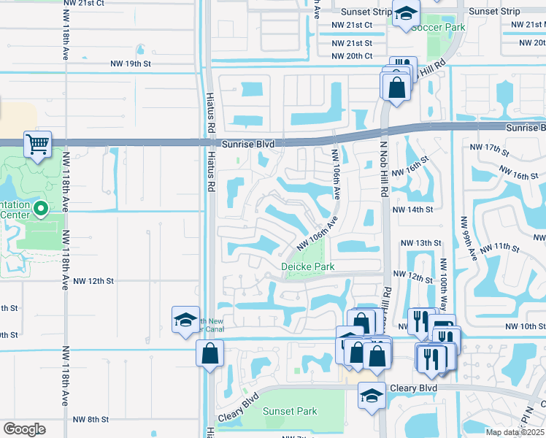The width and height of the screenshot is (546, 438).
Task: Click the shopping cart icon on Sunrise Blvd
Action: [x=37, y=143]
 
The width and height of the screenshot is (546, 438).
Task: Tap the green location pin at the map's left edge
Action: [x=41, y=210]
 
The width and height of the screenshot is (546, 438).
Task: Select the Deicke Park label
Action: [x=308, y=266]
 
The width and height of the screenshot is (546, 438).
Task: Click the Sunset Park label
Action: [x=290, y=411]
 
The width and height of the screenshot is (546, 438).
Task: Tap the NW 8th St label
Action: [x=91, y=419]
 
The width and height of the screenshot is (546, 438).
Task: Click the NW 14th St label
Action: [x=412, y=210]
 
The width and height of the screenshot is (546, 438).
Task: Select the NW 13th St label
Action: [x=421, y=242]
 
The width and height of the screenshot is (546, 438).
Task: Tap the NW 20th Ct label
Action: [x=352, y=56]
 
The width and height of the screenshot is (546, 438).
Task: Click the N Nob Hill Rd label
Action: [x=381, y=161]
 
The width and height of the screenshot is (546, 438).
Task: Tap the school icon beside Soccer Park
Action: [x=405, y=14]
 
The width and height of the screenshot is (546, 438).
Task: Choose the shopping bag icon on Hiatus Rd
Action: [x=209, y=353]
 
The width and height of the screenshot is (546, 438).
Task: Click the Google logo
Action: [x=24, y=429]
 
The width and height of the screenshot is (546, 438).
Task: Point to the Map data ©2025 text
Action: [x=515, y=432]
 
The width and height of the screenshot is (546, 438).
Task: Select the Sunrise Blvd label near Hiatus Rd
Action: [x=249, y=145]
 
